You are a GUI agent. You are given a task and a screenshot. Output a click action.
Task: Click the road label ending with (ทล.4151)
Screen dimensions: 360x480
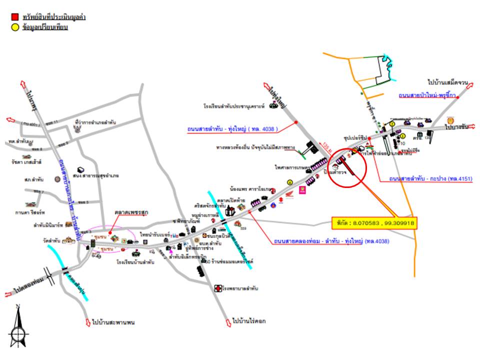click(430, 178)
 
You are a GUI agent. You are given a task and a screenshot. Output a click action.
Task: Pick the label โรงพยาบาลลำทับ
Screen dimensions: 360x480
click(241, 288)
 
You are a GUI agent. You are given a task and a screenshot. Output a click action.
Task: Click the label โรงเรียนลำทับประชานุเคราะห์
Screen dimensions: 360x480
click(234, 106)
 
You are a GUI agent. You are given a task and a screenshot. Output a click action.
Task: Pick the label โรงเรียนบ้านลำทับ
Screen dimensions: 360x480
click(135, 261)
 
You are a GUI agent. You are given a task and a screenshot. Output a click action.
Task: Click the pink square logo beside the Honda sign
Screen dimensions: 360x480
click(302, 190)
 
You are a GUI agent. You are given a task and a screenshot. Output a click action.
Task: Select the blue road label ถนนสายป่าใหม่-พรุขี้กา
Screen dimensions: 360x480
click(427, 95)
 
